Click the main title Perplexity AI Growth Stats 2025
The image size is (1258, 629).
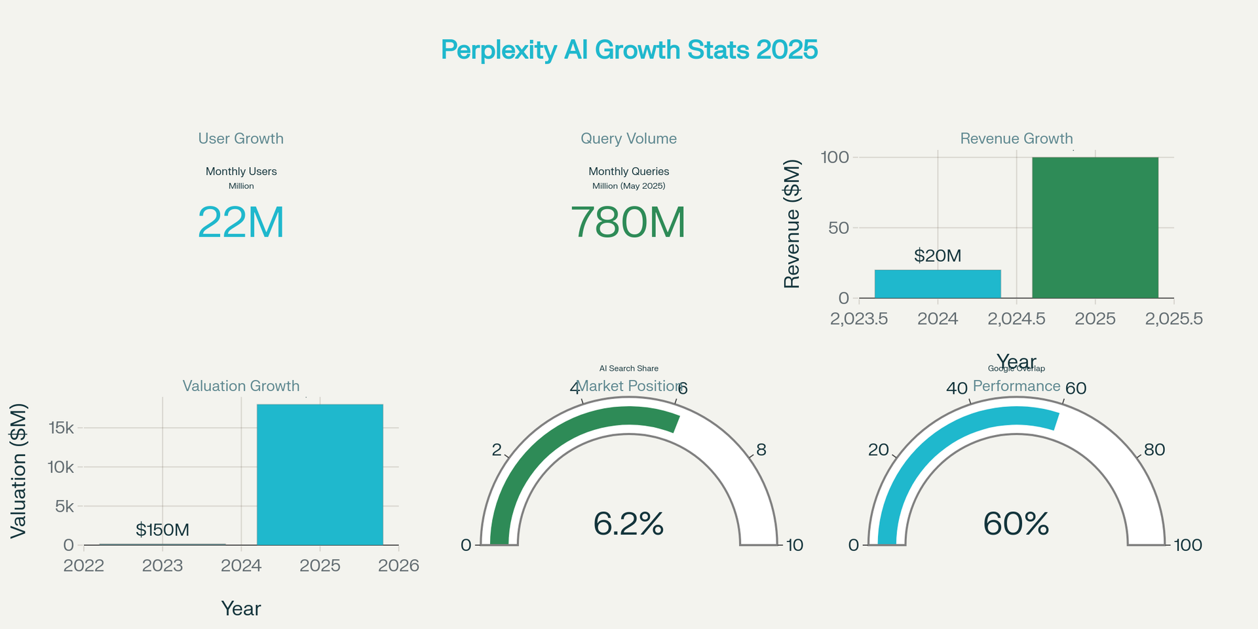(629, 50)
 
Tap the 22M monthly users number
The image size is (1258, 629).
(241, 222)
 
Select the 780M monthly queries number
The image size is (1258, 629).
(628, 222)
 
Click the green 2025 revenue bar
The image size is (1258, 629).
(1095, 227)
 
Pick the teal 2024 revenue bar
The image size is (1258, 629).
(938, 284)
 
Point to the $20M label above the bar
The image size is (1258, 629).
(938, 256)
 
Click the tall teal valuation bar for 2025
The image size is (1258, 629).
(320, 474)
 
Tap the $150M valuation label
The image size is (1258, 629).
(162, 529)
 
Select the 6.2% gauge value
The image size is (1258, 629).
(628, 524)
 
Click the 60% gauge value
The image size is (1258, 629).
(1016, 524)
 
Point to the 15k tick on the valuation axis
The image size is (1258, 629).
(61, 428)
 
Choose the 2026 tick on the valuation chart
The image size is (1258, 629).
(398, 565)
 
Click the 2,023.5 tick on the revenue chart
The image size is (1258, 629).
(859, 319)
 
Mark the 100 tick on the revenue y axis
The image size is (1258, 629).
(835, 157)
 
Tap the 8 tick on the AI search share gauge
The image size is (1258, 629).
(761, 449)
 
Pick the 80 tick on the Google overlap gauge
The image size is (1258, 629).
(1154, 449)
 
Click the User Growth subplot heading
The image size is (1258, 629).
(241, 139)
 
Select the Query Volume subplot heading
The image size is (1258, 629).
(628, 139)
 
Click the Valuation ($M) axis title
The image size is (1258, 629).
(18, 471)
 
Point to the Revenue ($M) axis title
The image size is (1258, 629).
(792, 224)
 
